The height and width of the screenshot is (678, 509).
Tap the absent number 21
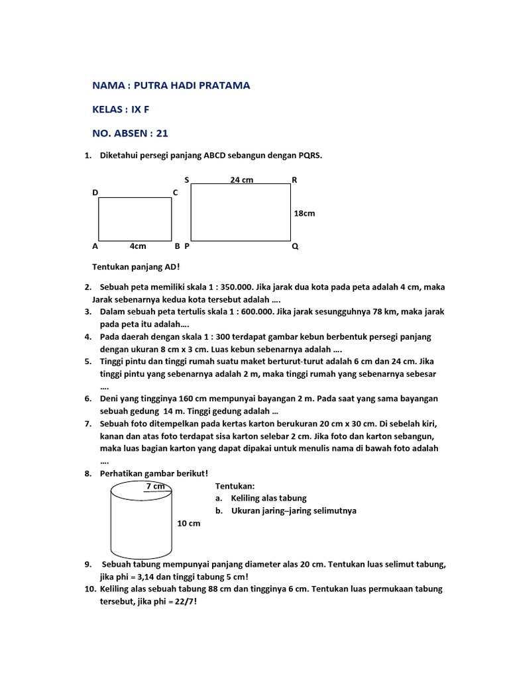pos(162,133)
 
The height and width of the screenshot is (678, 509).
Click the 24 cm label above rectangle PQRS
pos(242,179)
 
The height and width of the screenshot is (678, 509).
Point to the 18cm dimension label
pos(304,213)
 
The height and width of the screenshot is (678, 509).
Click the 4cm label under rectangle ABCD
pos(138,246)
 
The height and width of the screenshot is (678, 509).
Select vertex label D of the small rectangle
pos(95,192)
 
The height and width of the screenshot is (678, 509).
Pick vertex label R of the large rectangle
pos(294,179)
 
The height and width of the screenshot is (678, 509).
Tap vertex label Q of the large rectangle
pos(295,246)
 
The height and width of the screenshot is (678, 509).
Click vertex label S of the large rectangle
pos(187,179)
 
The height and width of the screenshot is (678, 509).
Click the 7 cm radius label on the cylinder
pos(155,486)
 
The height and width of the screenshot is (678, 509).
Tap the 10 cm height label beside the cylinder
pos(189,523)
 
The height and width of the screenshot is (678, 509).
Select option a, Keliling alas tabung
pos(260,498)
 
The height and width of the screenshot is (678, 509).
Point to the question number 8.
pos(87,473)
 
